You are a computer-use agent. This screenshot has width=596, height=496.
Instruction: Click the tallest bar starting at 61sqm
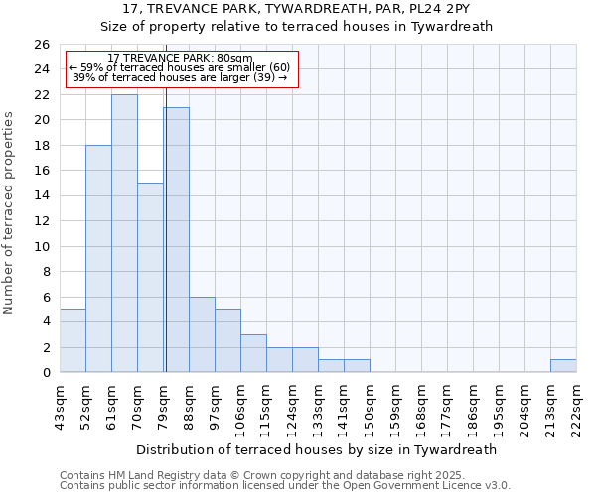(124, 233)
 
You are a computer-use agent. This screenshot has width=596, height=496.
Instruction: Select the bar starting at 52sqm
(98, 258)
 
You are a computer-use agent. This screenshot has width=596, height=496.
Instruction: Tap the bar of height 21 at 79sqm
(176, 239)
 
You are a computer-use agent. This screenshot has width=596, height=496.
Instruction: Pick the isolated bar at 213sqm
(563, 365)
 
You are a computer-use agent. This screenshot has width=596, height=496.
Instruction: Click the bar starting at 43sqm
(73, 340)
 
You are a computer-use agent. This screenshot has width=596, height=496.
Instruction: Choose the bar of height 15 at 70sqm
(150, 277)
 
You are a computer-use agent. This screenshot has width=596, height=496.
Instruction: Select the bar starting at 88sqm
(202, 334)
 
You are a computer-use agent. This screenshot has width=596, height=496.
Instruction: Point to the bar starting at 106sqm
(253, 353)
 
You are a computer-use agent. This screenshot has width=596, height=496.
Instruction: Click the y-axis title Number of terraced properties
(9, 213)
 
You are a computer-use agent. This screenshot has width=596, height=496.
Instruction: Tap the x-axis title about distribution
(317, 449)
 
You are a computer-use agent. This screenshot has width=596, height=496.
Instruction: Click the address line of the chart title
(297, 9)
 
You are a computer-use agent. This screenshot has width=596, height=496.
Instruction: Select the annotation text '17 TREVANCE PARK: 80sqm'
(180, 59)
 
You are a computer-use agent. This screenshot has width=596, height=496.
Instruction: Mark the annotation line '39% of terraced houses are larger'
(180, 77)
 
